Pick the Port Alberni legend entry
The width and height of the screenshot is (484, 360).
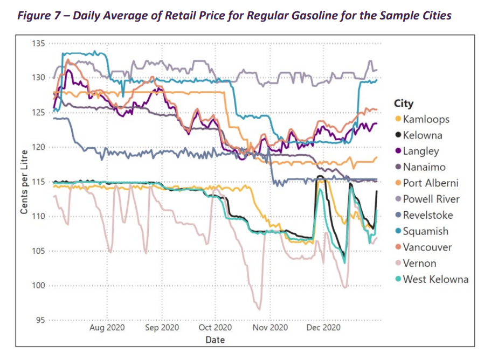click(431, 183)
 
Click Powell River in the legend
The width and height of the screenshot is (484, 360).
click(431, 199)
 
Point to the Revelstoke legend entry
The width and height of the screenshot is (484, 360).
click(428, 216)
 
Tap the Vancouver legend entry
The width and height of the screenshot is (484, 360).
click(427, 247)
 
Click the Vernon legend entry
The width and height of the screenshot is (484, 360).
click(419, 264)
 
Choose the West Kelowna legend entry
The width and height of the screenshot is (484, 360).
click(435, 279)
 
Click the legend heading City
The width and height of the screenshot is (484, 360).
click(404, 103)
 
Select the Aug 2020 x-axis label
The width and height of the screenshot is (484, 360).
click(107, 328)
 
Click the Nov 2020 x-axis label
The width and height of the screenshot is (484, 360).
click(270, 328)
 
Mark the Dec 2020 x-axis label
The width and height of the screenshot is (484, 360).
click(323, 328)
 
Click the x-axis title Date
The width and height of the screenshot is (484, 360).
click(215, 340)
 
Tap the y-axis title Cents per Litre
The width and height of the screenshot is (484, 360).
click(24, 182)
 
